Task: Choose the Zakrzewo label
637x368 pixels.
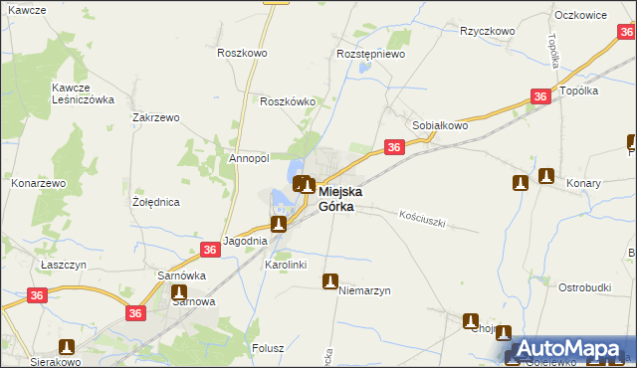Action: tap(155, 117)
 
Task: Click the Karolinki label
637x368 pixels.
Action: tap(285, 266)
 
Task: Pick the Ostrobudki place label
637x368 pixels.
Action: tap(584, 287)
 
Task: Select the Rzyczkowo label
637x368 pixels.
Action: tap(487, 31)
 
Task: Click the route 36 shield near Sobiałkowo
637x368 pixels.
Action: tap(394, 147)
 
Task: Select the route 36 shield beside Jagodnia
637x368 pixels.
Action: tap(210, 250)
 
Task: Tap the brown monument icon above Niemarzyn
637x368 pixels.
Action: tap(329, 282)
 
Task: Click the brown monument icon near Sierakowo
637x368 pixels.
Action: tap(67, 347)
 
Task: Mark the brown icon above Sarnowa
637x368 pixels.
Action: tap(179, 292)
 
